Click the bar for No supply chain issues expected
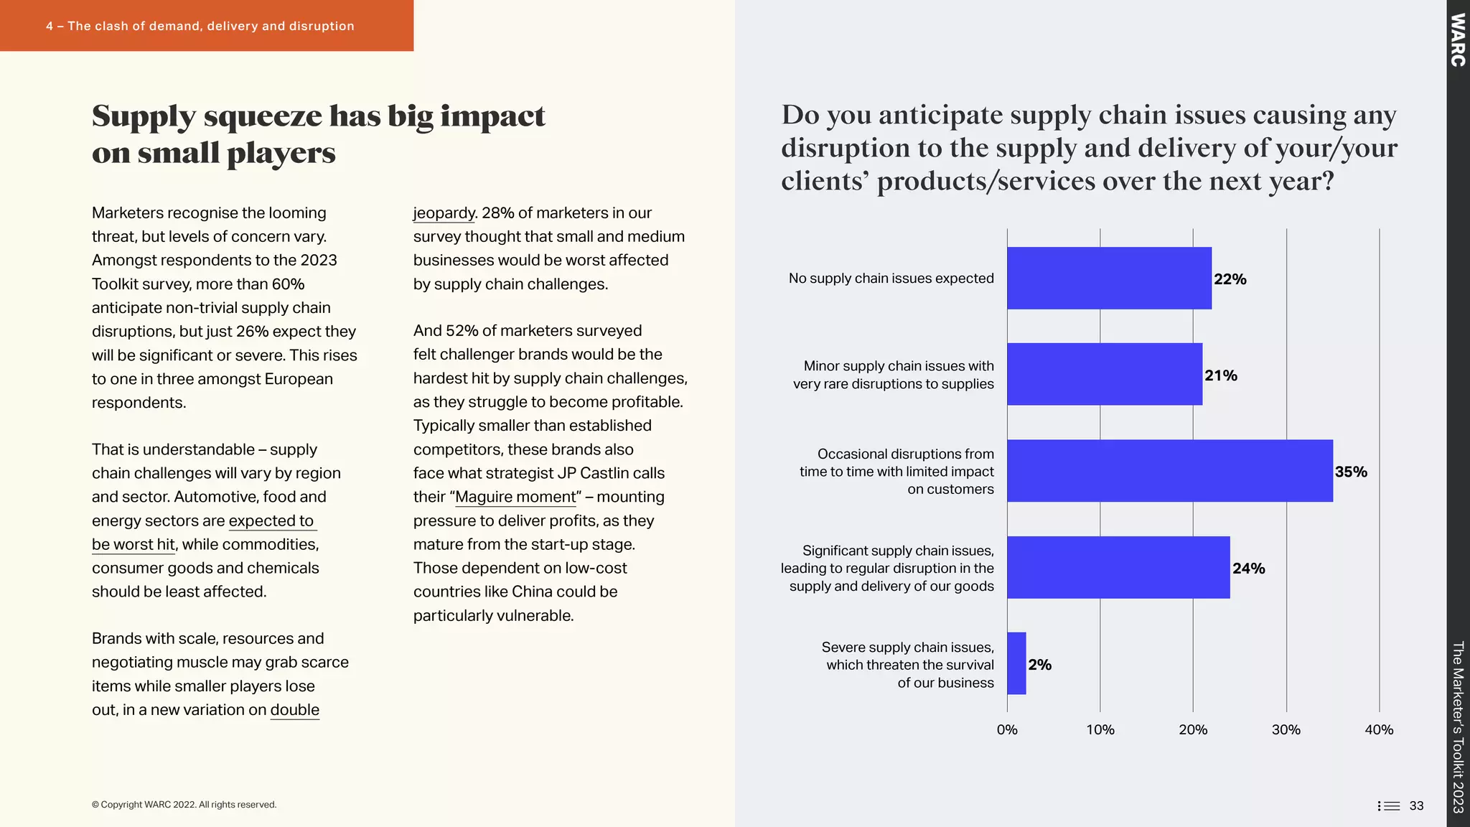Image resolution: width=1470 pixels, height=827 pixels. [x=1109, y=279]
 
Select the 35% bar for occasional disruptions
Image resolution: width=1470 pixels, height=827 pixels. [x=1169, y=471]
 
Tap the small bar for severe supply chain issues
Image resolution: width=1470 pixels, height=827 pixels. [x=1016, y=663]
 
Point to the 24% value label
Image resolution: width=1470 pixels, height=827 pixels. [x=1248, y=569]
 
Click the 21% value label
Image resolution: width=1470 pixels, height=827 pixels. [x=1220, y=375]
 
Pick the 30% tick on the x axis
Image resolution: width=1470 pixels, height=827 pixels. [x=1286, y=730]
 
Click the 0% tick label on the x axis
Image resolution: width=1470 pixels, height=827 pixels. [x=1007, y=730]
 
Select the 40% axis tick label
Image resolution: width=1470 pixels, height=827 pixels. [x=1378, y=730]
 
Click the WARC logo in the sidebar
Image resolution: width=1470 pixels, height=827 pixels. [x=1458, y=40]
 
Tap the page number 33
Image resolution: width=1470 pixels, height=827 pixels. [x=1416, y=805]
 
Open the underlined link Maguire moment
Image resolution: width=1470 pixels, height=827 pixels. [x=515, y=497]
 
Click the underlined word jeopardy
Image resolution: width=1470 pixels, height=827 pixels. [x=444, y=213]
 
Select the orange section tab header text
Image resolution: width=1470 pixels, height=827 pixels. [x=200, y=26]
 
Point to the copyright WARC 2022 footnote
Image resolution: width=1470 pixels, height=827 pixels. [x=184, y=805]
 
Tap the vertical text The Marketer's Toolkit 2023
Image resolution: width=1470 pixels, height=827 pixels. [x=1458, y=726]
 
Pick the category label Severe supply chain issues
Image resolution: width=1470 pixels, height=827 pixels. [x=907, y=647]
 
